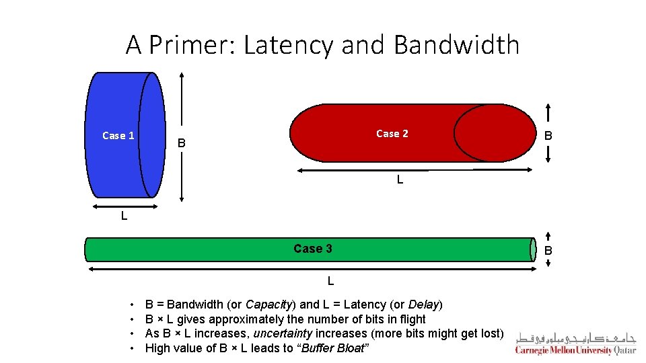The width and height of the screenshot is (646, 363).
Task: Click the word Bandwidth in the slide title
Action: [456, 45]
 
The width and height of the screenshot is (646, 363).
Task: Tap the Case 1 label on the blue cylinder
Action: [118, 136]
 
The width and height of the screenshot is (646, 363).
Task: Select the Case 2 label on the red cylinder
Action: [392, 134]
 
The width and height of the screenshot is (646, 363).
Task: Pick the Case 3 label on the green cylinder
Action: [313, 249]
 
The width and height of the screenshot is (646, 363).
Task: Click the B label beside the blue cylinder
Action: [180, 143]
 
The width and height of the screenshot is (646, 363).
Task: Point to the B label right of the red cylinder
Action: [548, 136]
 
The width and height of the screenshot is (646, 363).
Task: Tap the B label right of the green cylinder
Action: [548, 251]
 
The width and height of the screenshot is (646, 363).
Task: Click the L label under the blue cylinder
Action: [124, 216]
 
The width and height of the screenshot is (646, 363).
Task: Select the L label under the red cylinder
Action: [400, 180]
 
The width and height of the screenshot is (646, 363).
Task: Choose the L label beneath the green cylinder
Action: [330, 280]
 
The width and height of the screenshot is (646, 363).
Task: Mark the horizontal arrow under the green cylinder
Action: [313, 269]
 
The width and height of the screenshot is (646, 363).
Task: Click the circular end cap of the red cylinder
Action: [495, 133]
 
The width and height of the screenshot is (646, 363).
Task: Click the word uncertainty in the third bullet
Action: [283, 333]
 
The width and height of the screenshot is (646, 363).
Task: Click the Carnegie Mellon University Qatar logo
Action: [575, 343]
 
